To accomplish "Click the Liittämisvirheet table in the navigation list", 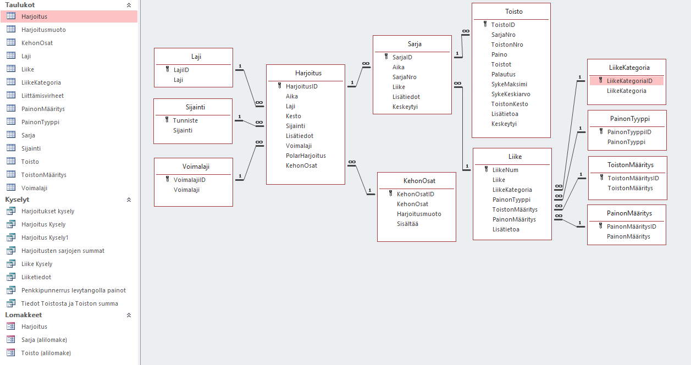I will pos(42,96).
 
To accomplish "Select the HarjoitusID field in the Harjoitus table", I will pos(301,86).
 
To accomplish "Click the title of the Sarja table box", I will pos(414,44).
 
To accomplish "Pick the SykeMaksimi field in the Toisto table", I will pos(509,84).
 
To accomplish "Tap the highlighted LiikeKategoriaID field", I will pos(629,81).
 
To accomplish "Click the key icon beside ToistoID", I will pos(485,25).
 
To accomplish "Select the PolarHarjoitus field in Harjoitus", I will pos(306,156).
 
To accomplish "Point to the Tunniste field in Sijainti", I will pos(185,120).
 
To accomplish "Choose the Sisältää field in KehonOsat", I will pos(407,224).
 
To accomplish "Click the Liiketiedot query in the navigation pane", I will pos(36,277).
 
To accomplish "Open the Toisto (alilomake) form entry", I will pos(46,353).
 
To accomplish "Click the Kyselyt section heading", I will pos(17,200).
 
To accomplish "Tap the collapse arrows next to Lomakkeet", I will pos(129,315).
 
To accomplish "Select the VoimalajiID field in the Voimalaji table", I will pos(190,180).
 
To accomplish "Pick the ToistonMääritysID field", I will pos(633,178).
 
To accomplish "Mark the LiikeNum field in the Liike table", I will pos(505,170).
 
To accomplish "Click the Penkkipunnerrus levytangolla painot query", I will pos(74,290).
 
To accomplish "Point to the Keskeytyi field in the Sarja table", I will pos(405,107).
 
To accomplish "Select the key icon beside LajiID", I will pos(168,70).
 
